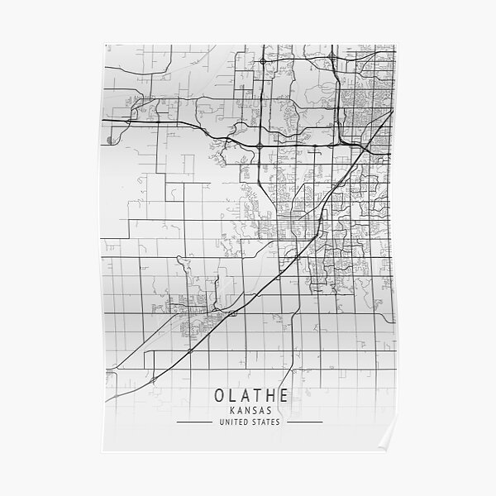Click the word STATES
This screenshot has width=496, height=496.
click(x=266, y=422)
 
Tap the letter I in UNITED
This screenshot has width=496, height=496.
click(x=231, y=422)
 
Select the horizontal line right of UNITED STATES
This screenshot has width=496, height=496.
click(x=303, y=422)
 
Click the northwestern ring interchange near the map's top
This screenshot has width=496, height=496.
click(x=263, y=61)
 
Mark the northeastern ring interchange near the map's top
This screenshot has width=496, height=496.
click(x=332, y=58)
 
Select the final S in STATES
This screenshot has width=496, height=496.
click(x=279, y=422)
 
